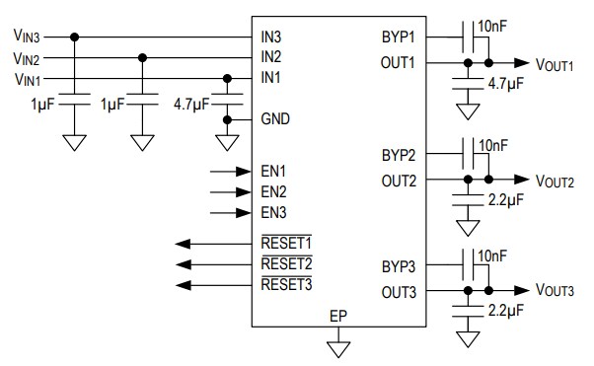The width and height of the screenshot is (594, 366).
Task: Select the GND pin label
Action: pyautogui.click(x=276, y=119)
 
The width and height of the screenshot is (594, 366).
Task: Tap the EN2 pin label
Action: pyautogui.click(x=274, y=190)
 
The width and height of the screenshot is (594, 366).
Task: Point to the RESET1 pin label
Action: pyautogui.click(x=286, y=243)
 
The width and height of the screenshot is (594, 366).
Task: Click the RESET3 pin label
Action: pyautogui.click(x=286, y=285)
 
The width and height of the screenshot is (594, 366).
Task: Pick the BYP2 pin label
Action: pyautogui.click(x=399, y=156)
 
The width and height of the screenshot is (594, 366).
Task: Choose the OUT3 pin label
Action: pyautogui.click(x=398, y=292)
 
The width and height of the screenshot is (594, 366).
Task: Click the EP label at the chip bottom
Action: pyautogui.click(x=338, y=316)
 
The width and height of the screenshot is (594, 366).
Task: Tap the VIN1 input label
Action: pyautogui.click(x=27, y=79)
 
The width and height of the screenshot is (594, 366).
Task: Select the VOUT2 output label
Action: pyautogui.click(x=554, y=182)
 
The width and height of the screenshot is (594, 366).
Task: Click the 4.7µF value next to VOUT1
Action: pyautogui.click(x=508, y=85)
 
